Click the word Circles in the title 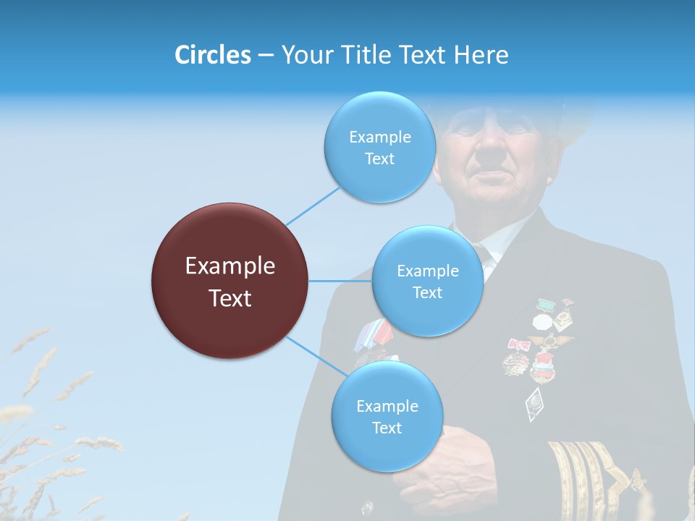pos(212,55)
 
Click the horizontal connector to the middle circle pos(340,281)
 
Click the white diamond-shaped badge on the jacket pos(534,403)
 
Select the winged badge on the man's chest pos(550,340)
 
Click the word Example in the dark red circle pos(230,266)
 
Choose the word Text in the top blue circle pos(379,159)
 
